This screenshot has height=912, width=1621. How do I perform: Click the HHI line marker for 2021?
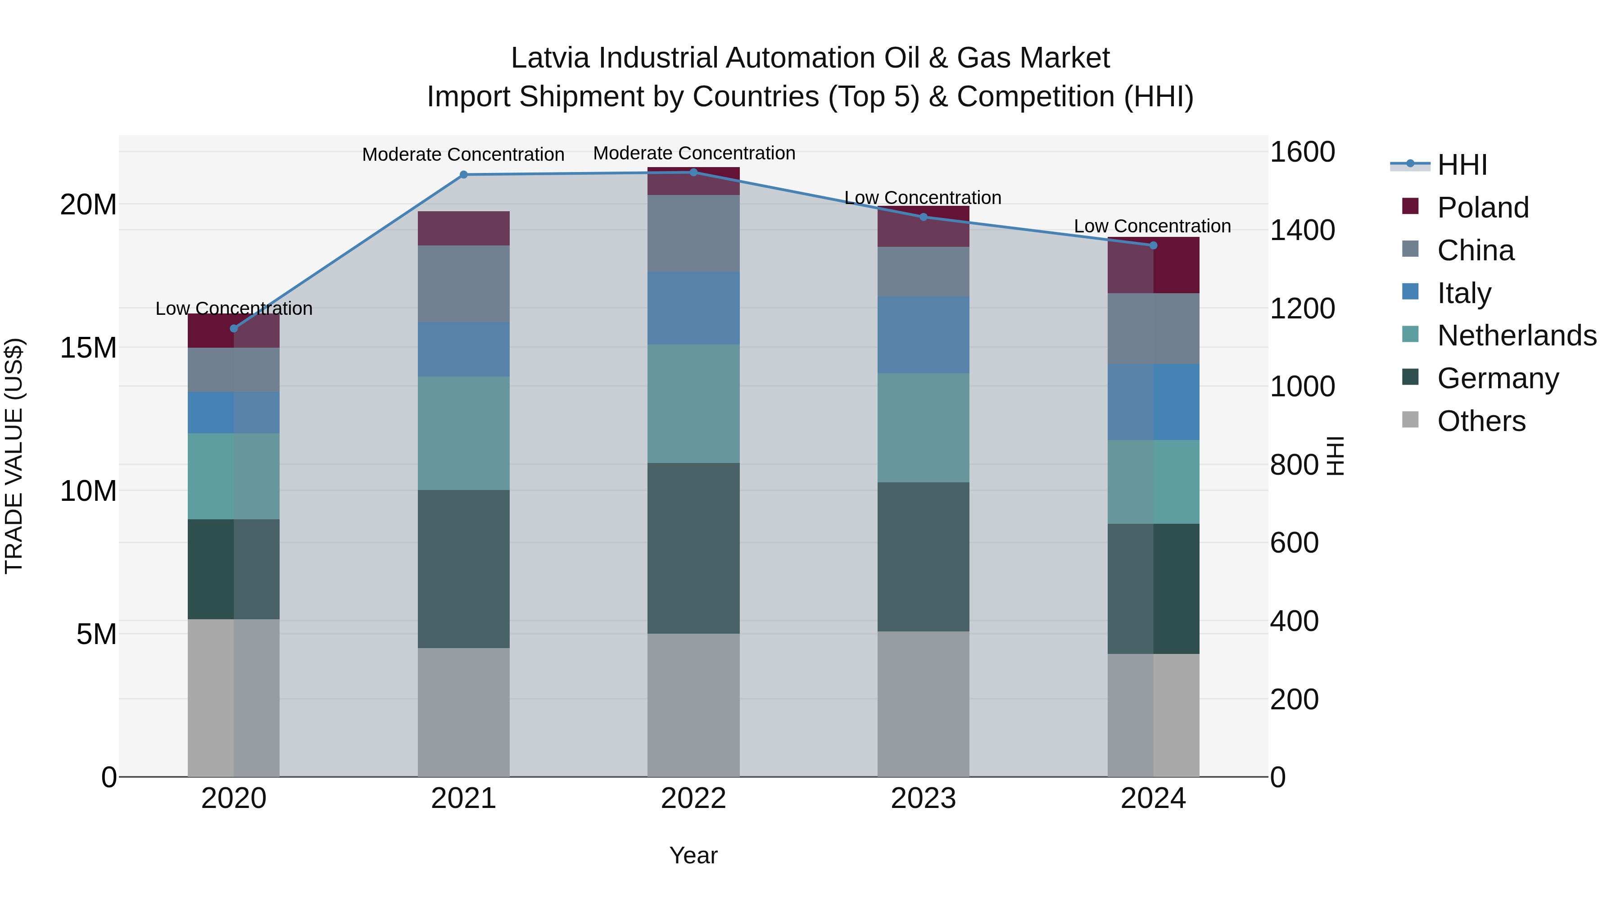coord(463,174)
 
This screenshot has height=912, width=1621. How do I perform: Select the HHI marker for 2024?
coord(1153,245)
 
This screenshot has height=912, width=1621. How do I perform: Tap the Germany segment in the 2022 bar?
coord(693,548)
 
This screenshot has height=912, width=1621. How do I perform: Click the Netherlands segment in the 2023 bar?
coord(923,428)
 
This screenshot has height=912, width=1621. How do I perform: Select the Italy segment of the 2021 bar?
coord(463,349)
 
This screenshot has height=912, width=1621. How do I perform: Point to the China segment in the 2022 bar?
coord(693,233)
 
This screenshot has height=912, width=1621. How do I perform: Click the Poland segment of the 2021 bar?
coord(463,228)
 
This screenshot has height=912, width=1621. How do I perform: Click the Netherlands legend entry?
coord(1516,336)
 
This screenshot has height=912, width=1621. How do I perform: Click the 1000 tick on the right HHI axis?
coord(1301,386)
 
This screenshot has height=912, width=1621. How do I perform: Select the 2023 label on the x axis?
coord(923,799)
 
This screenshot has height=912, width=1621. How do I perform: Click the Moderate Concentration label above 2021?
coord(463,154)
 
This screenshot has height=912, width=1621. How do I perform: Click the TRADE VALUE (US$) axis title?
coord(14,456)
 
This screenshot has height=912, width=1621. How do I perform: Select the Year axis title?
coord(693,855)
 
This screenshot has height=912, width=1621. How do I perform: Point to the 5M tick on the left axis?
coord(95,635)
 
